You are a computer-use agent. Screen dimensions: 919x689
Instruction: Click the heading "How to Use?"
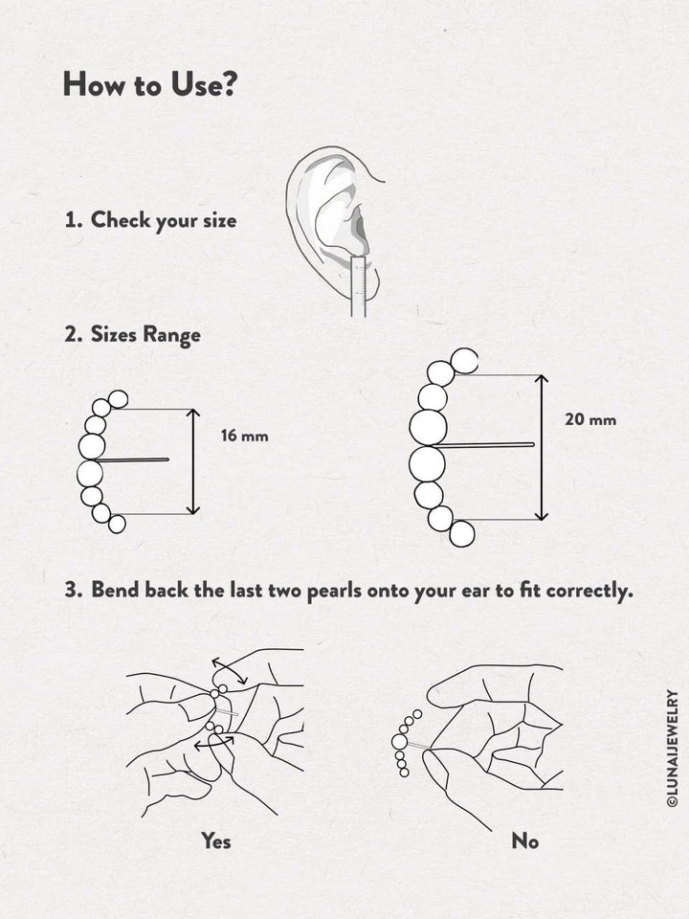[x=149, y=84]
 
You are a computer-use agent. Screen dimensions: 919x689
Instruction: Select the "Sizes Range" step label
[x=144, y=335]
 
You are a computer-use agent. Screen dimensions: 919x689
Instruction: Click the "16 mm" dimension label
[x=244, y=437]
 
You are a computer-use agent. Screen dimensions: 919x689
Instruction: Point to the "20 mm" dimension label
[x=589, y=419]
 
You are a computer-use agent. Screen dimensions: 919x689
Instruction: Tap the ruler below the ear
[x=360, y=287]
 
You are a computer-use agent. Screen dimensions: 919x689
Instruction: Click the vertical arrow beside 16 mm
[x=193, y=461]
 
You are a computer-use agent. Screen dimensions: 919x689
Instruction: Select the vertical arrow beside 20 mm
[x=542, y=447]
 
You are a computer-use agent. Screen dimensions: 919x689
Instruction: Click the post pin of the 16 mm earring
[x=134, y=460]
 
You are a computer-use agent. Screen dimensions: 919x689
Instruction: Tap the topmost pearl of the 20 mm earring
[x=464, y=360]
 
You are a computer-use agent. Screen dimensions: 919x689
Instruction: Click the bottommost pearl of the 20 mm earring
[x=462, y=534]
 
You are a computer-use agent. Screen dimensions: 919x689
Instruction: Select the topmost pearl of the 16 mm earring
[x=118, y=399]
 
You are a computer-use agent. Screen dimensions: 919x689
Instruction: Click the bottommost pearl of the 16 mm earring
[x=117, y=524]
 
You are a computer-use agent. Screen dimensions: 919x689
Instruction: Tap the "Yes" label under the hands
[x=215, y=841]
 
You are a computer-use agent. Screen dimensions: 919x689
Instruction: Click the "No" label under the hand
[x=524, y=841]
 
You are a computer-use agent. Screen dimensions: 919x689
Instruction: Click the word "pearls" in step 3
[x=332, y=590]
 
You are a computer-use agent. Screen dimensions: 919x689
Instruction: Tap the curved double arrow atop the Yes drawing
[x=230, y=670]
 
